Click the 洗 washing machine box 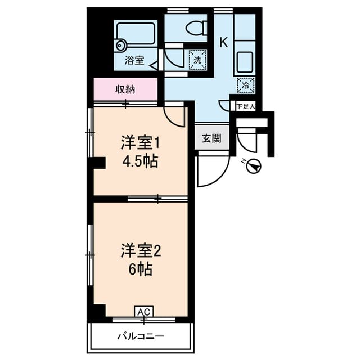pos(197,58)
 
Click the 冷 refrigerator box pos(246,85)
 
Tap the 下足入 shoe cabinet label pos(245,106)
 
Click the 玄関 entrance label pos(212,137)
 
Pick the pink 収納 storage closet pos(125,89)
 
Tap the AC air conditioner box pos(143,311)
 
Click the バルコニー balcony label pos(141,336)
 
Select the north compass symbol pos(254,166)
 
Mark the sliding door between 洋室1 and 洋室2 pos(157,198)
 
